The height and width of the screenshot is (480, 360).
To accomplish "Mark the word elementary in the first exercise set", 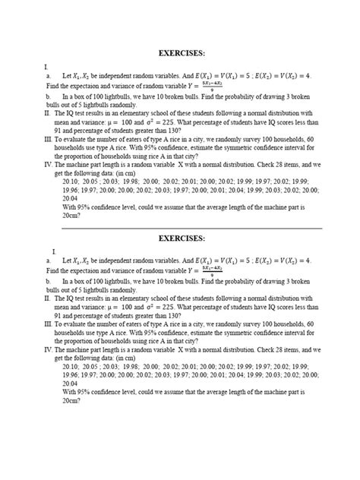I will [x=147, y=113].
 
